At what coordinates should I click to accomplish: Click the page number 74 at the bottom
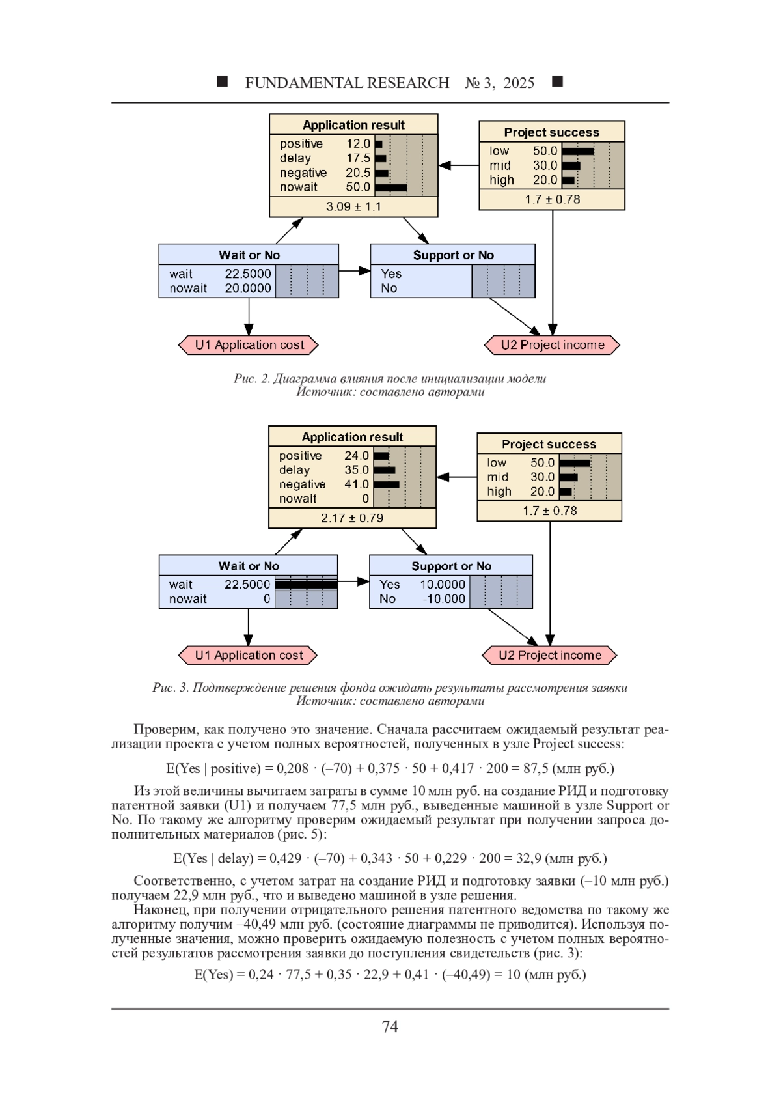[390, 1027]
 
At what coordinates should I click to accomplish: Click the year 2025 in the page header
[519, 83]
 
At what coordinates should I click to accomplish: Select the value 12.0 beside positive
[358, 143]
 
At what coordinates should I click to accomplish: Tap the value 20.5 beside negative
[358, 173]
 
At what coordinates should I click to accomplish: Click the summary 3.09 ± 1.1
[353, 206]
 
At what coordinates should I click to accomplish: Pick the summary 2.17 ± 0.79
[352, 518]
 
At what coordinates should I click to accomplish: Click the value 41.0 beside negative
[357, 484]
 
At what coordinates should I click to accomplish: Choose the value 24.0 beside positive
[357, 455]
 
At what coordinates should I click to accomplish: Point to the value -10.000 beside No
[444, 599]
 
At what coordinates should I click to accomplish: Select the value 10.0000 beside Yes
[443, 585]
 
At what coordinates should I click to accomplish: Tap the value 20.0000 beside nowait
[248, 288]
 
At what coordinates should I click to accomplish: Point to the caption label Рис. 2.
[252, 378]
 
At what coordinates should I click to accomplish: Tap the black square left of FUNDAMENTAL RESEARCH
[223, 81]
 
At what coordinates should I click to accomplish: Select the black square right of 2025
[557, 81]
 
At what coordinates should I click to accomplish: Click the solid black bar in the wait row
[306, 585]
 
